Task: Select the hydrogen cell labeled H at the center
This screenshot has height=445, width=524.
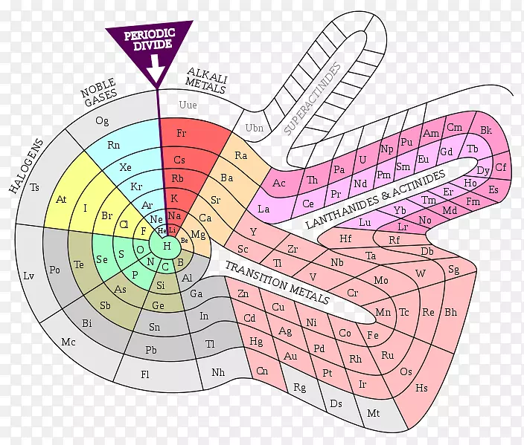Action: pyautogui.click(x=167, y=246)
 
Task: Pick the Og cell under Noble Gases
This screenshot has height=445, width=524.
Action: pyautogui.click(x=102, y=120)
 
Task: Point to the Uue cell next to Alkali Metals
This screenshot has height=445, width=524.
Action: pyautogui.click(x=188, y=105)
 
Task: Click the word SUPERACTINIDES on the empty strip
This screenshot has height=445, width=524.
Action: pyautogui.click(x=313, y=99)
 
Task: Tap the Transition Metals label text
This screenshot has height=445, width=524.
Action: pyautogui.click(x=277, y=282)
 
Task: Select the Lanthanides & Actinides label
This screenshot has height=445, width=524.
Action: pyautogui.click(x=387, y=197)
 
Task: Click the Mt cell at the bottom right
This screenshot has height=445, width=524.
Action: pyautogui.click(x=374, y=412)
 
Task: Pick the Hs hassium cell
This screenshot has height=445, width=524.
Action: pyautogui.click(x=422, y=387)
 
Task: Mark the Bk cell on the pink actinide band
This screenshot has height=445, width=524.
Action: pyautogui.click(x=486, y=131)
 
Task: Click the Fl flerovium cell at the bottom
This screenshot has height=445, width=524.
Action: pyautogui.click(x=145, y=374)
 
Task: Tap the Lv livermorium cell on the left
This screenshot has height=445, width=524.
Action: pyautogui.click(x=29, y=276)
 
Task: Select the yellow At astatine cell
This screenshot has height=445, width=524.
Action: pyautogui.click(x=61, y=200)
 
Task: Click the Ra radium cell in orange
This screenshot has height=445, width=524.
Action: pyautogui.click(x=241, y=155)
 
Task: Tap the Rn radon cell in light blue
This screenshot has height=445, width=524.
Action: pyautogui.click(x=114, y=146)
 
